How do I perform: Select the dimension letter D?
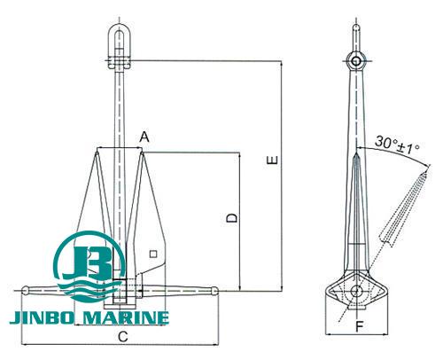click(x=230, y=217)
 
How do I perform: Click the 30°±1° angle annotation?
click(x=398, y=142)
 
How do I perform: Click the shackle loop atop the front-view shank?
click(x=119, y=41)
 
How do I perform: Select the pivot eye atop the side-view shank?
click(x=355, y=60)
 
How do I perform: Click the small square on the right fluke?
click(x=153, y=254)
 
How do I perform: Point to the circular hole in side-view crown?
click(x=355, y=292)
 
